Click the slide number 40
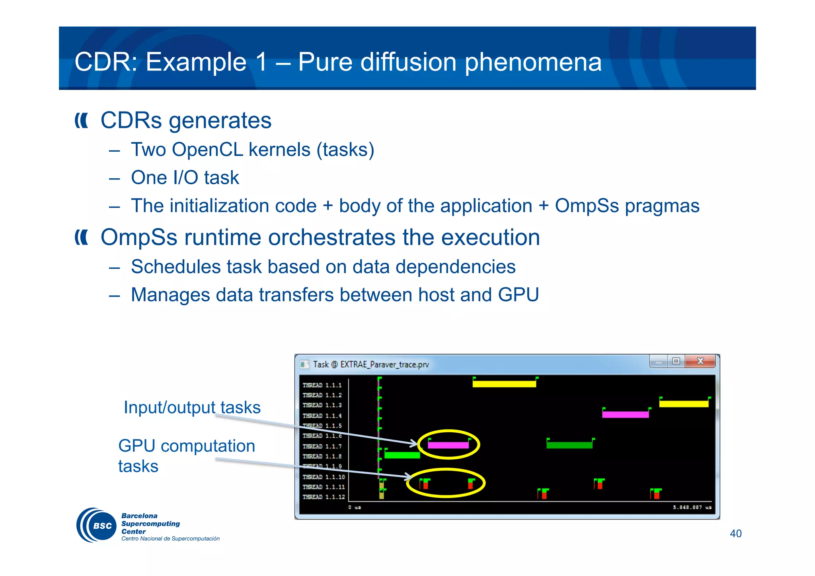pos(735,533)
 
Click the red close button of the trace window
pos(700,361)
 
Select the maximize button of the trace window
pos(676,361)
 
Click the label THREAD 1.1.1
pos(322,385)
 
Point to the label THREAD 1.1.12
pos(324,497)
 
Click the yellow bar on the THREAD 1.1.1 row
pos(504,384)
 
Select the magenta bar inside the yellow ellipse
pos(448,445)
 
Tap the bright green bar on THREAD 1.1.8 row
pos(402,455)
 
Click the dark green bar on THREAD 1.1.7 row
pos(569,445)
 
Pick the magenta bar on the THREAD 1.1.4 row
pos(625,414)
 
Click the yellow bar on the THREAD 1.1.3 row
pos(684,404)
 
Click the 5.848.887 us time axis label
pos(692,508)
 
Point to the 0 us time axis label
pos(354,508)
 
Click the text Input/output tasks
pos(192,407)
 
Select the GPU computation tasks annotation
pos(186,455)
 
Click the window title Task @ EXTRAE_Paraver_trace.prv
pos(370,364)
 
